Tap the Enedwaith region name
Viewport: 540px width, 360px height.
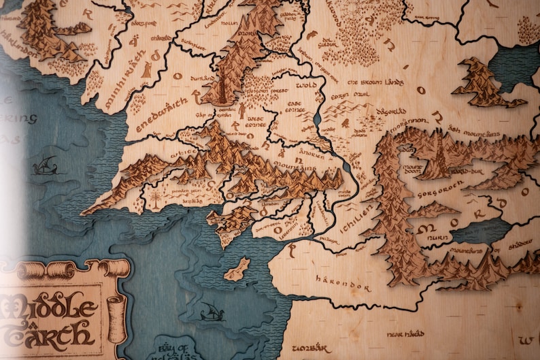tap(161, 117)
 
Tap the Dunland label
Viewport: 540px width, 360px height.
tap(202, 79)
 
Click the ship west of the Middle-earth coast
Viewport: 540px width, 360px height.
tap(45, 165)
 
